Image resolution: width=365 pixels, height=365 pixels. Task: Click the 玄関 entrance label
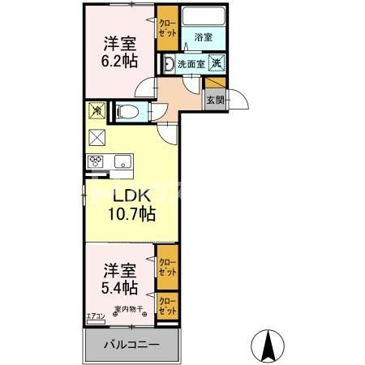[x=215, y=101]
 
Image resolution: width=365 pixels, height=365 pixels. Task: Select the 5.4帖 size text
[x=118, y=287]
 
